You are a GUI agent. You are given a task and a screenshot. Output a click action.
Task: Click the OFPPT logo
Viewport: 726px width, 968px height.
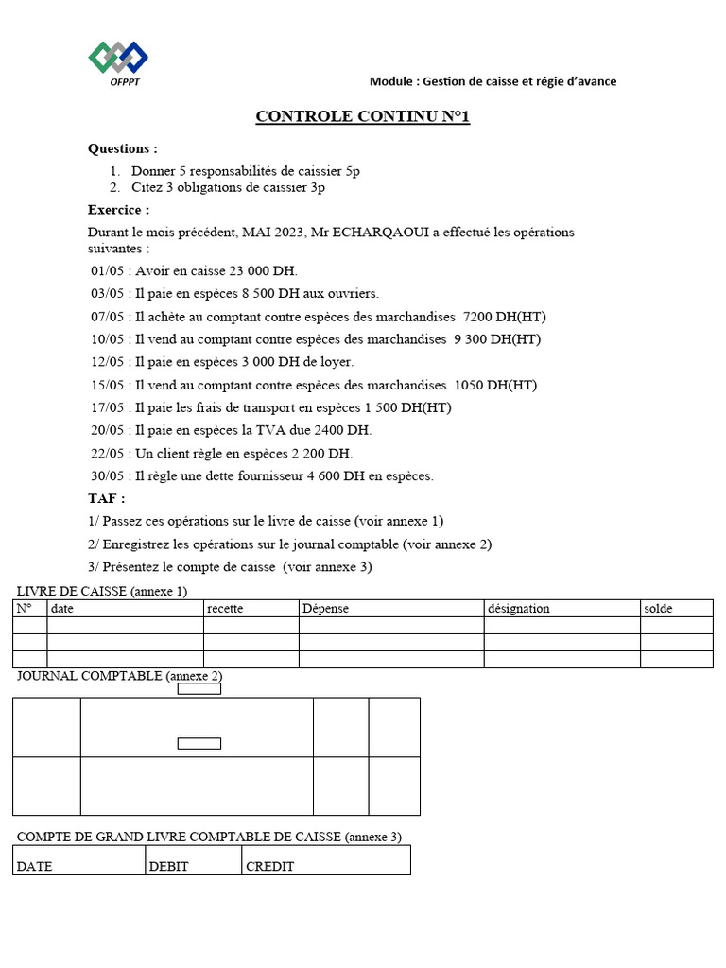[x=118, y=62]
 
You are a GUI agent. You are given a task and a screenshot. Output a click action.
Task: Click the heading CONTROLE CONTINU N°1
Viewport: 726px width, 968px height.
[x=362, y=117]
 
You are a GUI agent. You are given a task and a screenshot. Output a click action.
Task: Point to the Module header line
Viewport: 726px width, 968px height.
[x=493, y=81]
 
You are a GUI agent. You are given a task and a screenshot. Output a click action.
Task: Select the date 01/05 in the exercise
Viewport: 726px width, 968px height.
[x=107, y=270]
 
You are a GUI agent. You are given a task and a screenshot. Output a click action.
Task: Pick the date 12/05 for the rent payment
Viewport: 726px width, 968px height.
[x=107, y=362]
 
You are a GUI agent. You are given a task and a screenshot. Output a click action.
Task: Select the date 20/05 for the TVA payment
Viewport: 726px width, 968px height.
[x=107, y=430]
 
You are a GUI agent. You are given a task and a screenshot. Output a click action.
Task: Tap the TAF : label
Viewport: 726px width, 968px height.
[x=106, y=498]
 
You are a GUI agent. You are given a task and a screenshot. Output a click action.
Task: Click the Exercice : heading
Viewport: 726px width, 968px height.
[x=118, y=210]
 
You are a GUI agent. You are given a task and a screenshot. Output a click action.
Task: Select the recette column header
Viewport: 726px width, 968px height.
[x=225, y=609]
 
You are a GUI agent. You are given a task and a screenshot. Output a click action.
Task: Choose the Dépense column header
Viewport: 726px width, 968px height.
[x=325, y=609]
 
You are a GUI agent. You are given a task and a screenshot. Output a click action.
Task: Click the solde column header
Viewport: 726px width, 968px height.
[x=658, y=609]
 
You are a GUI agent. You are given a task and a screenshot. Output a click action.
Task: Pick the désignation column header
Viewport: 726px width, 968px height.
[x=518, y=609]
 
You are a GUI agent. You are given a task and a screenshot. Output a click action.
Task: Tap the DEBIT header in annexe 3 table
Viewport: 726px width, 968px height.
[x=168, y=866]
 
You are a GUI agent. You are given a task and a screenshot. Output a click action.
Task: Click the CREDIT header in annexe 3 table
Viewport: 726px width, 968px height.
[x=269, y=866]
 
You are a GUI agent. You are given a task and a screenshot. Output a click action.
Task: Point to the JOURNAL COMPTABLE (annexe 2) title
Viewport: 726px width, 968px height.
[x=119, y=676]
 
